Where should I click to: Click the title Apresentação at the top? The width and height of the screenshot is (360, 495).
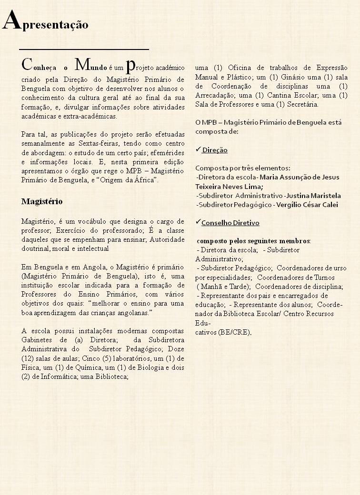[45, 22]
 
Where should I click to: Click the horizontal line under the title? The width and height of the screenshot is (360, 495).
[84, 49]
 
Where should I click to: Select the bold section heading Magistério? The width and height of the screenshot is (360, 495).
[42, 201]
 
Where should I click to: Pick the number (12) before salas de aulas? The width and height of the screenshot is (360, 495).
[27, 358]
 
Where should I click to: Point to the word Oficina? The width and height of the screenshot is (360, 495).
[240, 67]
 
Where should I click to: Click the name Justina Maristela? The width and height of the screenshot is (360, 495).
[314, 196]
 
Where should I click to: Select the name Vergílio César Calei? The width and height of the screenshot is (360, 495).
[307, 205]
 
